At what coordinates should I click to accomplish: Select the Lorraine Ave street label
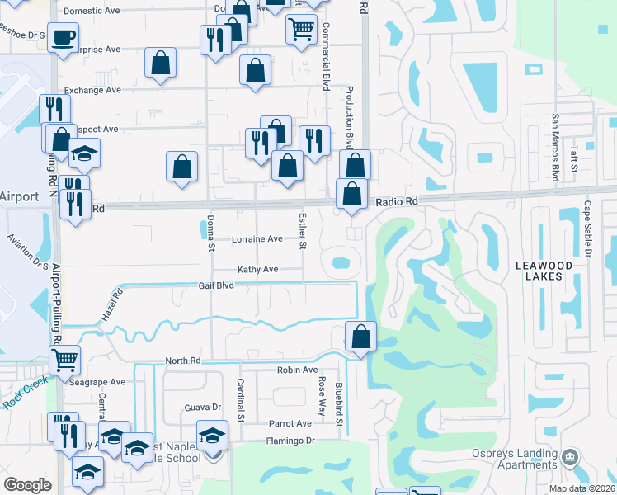(257, 239)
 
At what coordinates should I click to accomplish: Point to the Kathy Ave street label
(258, 270)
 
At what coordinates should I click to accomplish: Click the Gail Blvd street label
(216, 285)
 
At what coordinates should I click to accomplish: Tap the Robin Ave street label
(297, 370)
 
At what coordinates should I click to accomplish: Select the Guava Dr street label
(204, 407)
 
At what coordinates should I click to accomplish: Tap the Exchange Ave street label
(92, 90)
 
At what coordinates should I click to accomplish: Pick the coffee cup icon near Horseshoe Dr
(63, 36)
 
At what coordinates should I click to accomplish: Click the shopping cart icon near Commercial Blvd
(301, 29)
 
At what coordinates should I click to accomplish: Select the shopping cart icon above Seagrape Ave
(64, 359)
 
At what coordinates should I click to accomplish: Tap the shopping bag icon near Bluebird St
(360, 336)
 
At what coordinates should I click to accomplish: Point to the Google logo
(27, 484)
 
